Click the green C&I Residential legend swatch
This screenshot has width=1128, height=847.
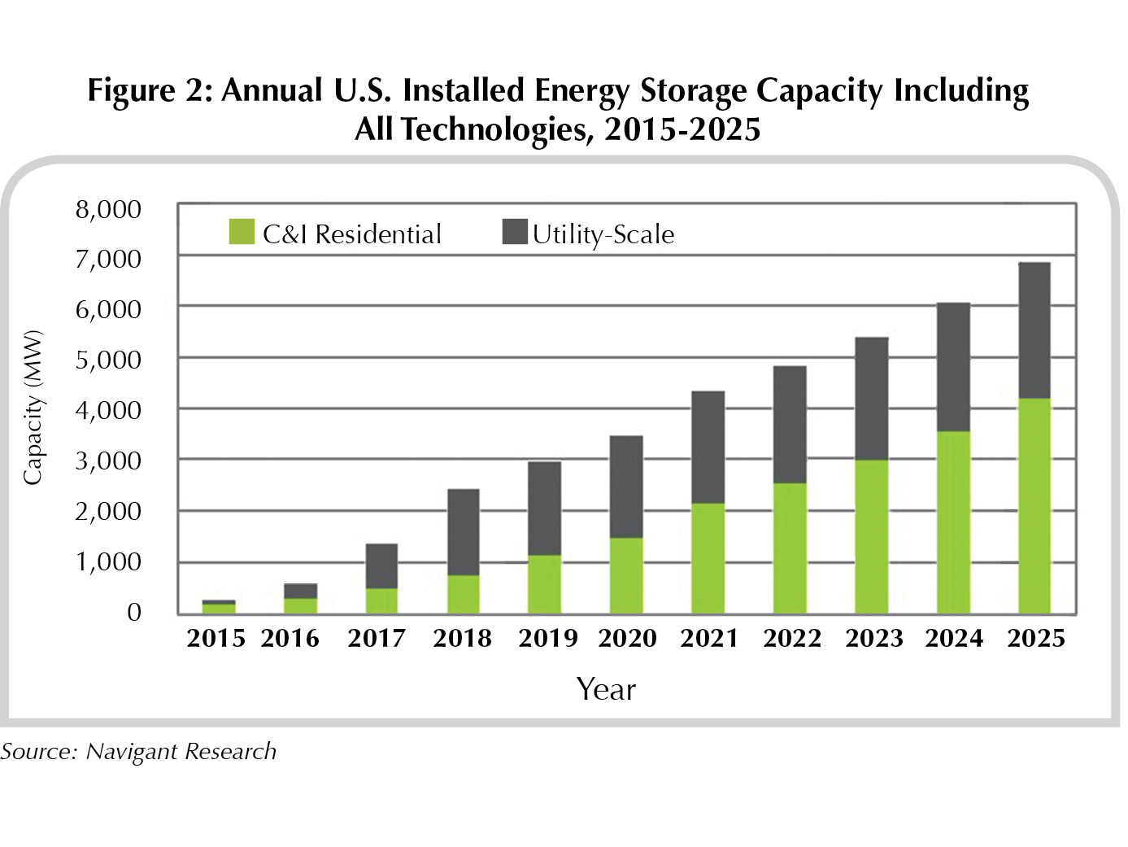pos(242,232)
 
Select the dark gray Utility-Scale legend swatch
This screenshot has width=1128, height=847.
pos(515,232)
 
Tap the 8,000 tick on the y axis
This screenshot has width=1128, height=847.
pos(108,210)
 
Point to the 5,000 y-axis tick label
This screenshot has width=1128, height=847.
pos(108,360)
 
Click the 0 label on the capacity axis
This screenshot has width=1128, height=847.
pos(134,612)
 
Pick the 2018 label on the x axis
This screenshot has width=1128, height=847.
pos(462,638)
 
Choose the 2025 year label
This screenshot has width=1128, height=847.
pos(1036,638)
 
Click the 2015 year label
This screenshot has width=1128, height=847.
pos(216,638)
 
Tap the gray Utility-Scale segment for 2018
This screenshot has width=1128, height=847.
pos(463,532)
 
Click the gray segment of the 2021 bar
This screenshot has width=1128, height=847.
pos(708,448)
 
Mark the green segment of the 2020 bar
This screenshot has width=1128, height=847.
pos(626,576)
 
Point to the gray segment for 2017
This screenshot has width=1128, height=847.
pos(381,566)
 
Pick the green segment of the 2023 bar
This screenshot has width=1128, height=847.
pos(871,537)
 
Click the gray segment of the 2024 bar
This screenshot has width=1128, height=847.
pos(953,367)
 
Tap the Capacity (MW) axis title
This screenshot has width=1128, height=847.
pos(32,408)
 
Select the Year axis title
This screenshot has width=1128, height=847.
pos(606,689)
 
